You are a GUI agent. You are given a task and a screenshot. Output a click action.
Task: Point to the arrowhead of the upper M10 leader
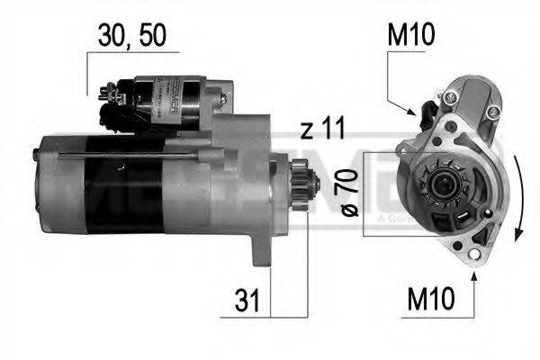417,112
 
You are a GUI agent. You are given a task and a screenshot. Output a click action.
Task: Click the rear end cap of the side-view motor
45,184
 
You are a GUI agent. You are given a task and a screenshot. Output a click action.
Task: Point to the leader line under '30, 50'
87,72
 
